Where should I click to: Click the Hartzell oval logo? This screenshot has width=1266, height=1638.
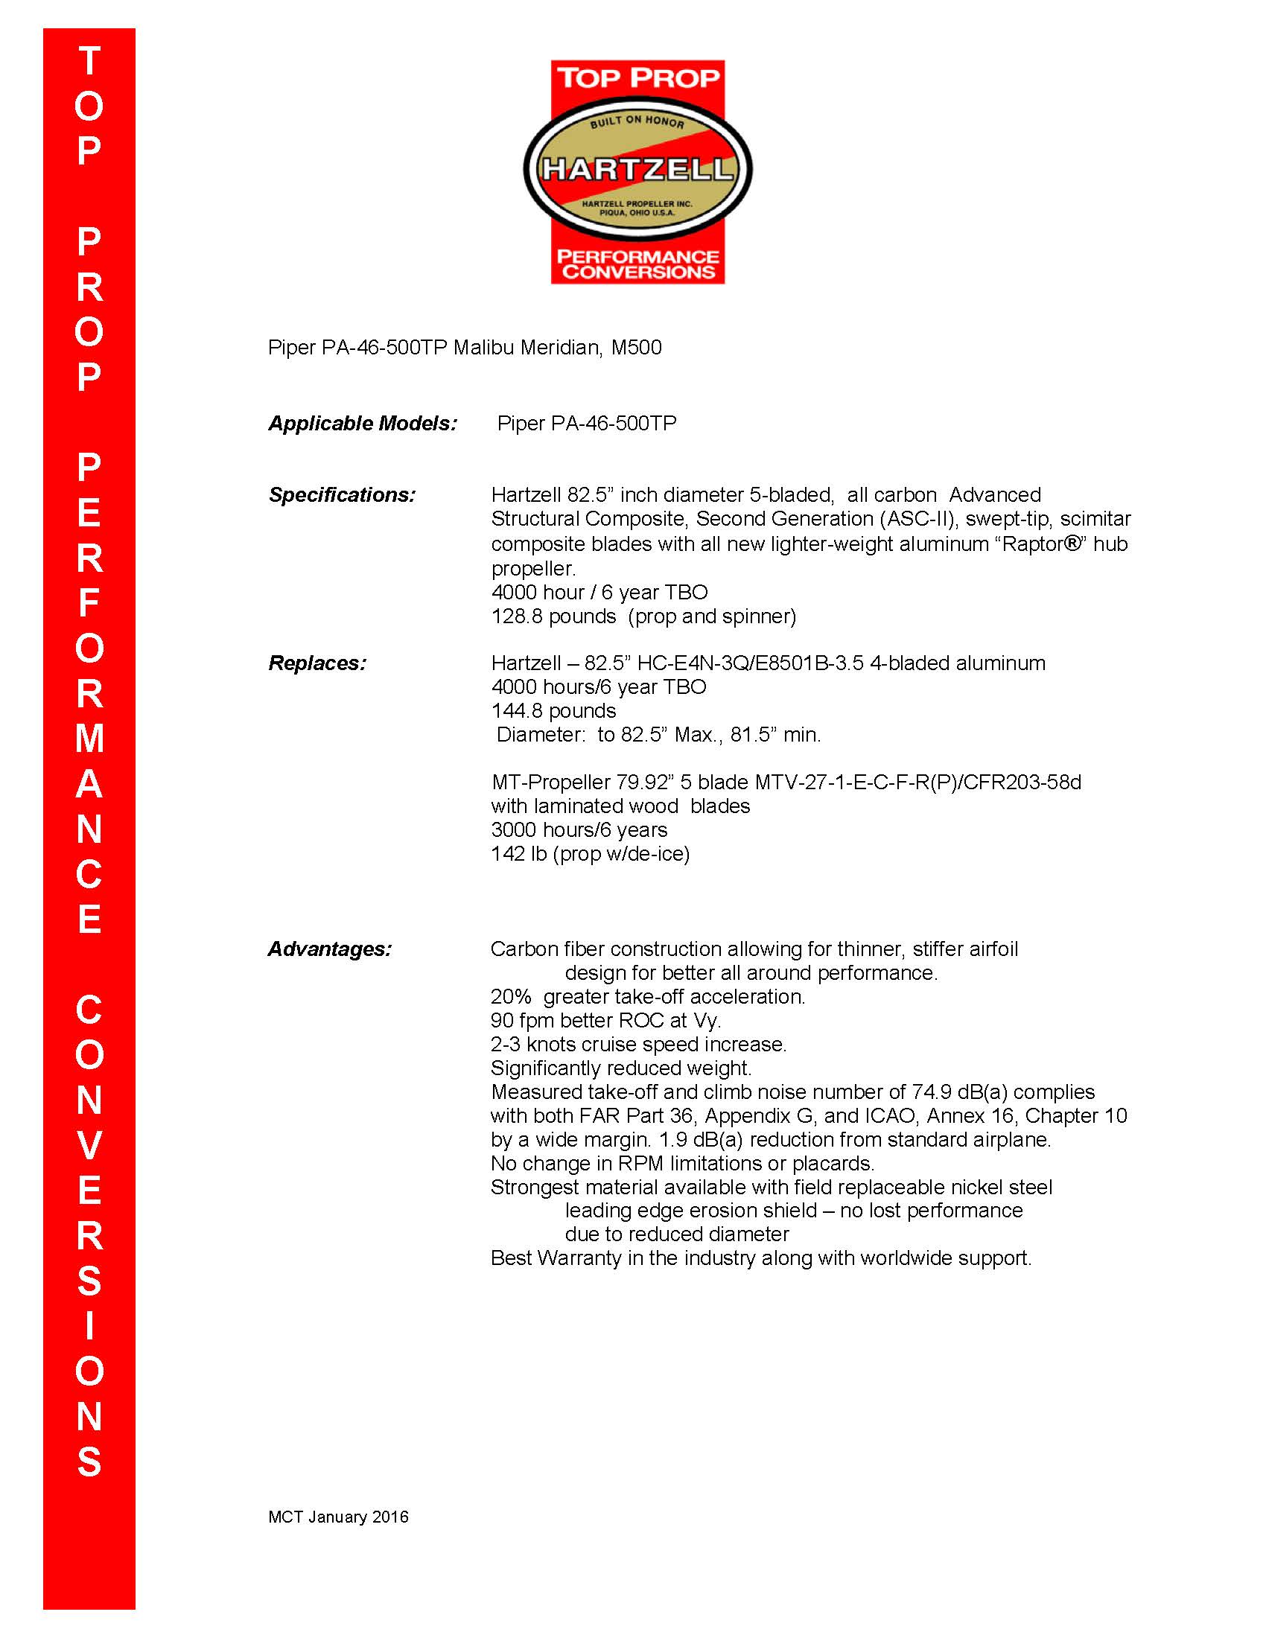pyautogui.click(x=637, y=168)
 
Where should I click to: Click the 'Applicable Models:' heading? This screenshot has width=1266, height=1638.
pyautogui.click(x=362, y=424)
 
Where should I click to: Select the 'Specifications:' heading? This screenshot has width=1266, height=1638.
pyautogui.click(x=342, y=495)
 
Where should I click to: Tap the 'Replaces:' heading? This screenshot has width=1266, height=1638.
pyautogui.click(x=317, y=663)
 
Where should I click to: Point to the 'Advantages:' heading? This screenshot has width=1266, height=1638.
pyautogui.click(x=330, y=949)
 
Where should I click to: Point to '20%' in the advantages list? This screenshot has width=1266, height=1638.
pyautogui.click(x=511, y=997)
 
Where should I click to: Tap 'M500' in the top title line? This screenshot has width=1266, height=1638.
pyautogui.click(x=636, y=348)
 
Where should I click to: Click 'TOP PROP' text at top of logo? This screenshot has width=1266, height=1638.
pyautogui.click(x=637, y=78)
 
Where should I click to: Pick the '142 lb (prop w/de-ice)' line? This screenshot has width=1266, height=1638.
pyautogui.click(x=591, y=853)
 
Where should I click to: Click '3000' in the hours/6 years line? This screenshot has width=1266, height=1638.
pyautogui.click(x=514, y=829)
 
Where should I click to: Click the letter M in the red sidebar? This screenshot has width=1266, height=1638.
pyautogui.click(x=89, y=739)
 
